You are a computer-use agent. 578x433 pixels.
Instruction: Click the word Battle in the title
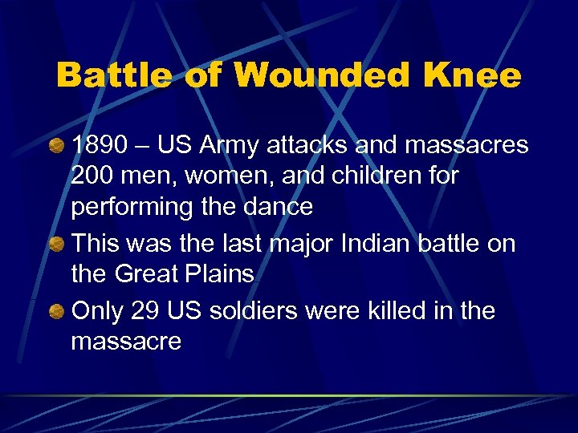click(x=112, y=76)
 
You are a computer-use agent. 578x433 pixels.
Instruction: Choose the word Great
click(x=147, y=274)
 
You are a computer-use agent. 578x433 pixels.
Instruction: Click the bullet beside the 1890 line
click(x=55, y=147)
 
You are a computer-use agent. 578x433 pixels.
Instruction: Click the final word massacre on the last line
click(x=126, y=342)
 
